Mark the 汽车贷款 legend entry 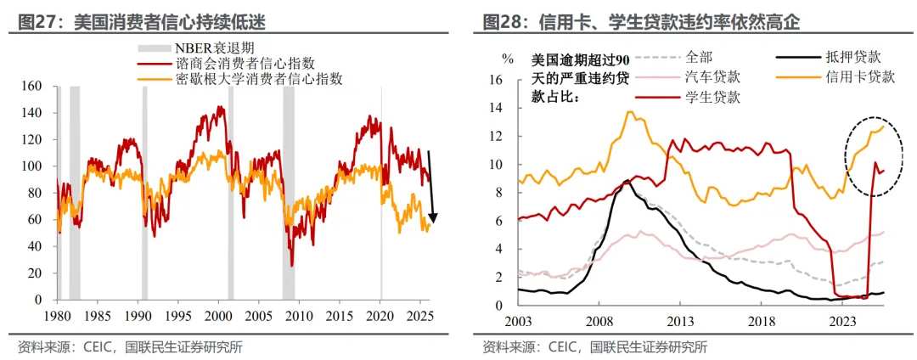tap(712, 77)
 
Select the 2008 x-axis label tap(600, 322)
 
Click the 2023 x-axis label tap(843, 322)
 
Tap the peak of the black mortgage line tap(627, 181)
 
